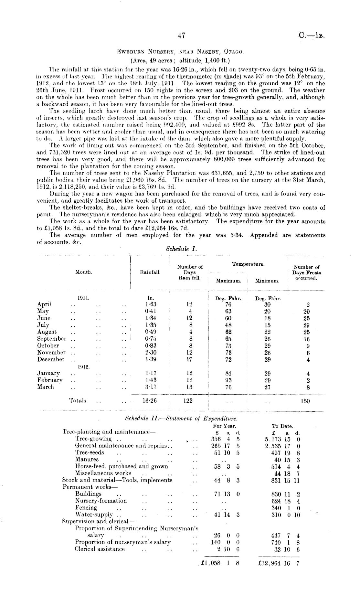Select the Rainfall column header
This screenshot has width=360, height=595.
pos(150,272)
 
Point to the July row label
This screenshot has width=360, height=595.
pos(43,325)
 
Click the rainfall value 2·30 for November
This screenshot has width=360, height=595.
pos(151,353)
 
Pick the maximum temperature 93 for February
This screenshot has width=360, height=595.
pos(228,380)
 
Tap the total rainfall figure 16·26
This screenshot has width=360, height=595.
pos(150,401)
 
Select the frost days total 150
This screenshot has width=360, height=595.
pos(305,401)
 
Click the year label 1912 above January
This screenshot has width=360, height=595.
pos(84,367)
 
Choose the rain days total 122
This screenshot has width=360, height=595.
pos(188,401)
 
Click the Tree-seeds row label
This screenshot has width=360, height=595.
pos(90,452)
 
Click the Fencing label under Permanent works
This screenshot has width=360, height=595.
pos(86,507)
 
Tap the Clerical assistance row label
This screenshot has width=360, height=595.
pos(100,549)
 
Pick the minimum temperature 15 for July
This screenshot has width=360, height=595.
pos(267,325)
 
